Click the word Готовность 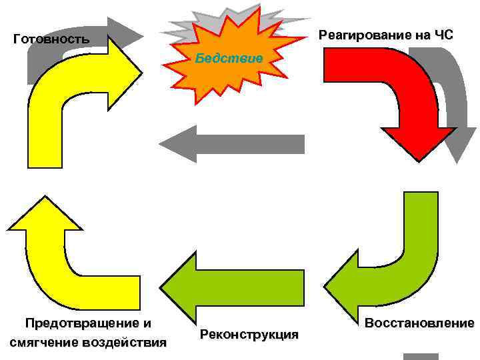(x=51, y=39)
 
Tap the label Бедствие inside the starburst (x=229, y=59)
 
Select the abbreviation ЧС (x=441, y=35)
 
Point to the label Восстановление (x=419, y=324)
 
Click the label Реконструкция (x=249, y=334)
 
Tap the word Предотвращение (x=88, y=324)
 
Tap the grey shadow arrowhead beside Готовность (x=127, y=30)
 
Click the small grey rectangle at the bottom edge (x=421, y=356)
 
